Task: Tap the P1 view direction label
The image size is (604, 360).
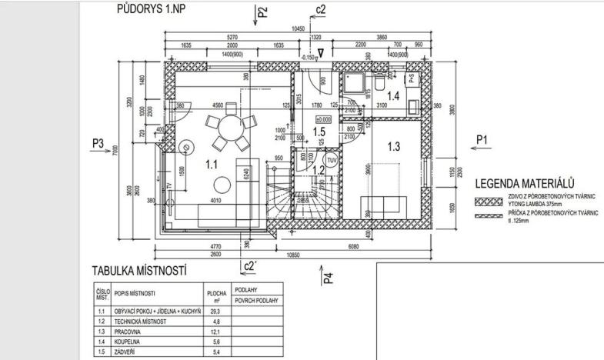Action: point(482,138)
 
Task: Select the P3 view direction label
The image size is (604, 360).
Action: point(98,143)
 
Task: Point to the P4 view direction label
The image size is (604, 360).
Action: point(326,275)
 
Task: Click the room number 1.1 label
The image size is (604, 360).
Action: point(211,163)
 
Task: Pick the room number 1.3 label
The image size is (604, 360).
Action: point(394,145)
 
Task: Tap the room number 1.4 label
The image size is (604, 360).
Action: point(392,96)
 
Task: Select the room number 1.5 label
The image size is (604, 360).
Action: point(322,133)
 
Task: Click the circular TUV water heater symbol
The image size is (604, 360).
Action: point(332,160)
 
